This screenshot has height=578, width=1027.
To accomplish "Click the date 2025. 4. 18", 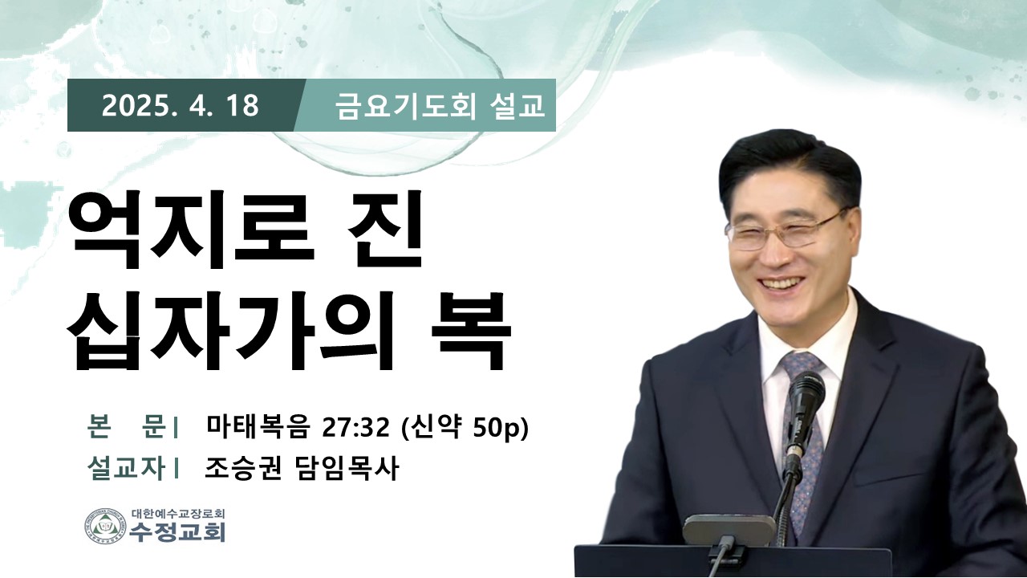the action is [x=181, y=105].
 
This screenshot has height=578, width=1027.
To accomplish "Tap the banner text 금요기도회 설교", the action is [x=440, y=107].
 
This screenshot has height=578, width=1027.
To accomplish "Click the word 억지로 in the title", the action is [x=191, y=229].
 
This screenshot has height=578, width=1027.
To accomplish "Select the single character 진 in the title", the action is [x=384, y=229].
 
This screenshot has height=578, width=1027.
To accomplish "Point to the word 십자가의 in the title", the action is [x=230, y=329].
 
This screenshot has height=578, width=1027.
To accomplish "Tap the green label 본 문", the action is [x=127, y=427].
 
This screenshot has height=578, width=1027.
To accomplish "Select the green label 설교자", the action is [x=126, y=469].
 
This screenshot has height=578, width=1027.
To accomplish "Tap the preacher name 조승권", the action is [x=242, y=469].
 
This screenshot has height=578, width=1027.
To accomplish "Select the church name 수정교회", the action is [x=177, y=532].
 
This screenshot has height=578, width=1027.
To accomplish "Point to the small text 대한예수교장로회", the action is [x=177, y=513].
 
